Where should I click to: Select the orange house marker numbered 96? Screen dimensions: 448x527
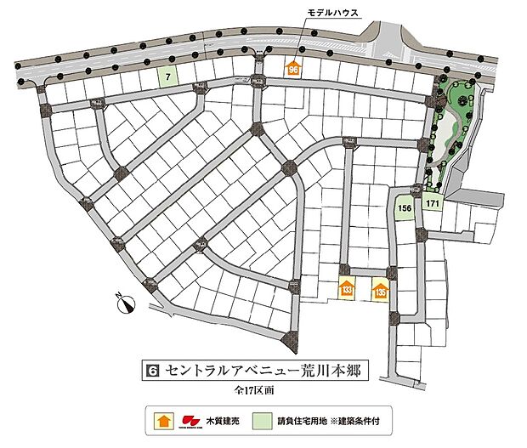294,69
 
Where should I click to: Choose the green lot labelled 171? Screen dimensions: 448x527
433,205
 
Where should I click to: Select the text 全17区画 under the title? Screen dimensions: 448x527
256,392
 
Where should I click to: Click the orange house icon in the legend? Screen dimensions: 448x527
162,420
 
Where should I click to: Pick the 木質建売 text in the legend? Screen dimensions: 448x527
223,420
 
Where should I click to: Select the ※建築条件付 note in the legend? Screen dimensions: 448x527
368,420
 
